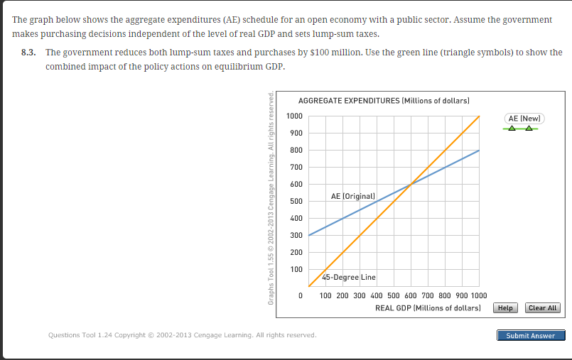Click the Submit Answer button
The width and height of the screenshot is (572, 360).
[x=530, y=335]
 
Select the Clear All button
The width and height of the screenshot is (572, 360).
[x=543, y=307]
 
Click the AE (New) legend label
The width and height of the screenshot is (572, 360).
[x=524, y=118]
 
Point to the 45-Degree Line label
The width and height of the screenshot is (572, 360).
[x=349, y=277]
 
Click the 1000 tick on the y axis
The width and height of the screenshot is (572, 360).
[x=294, y=116]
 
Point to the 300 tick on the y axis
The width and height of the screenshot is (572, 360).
[x=296, y=235]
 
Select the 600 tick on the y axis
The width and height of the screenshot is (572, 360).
[x=296, y=185]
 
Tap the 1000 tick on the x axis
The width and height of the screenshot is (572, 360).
[x=478, y=295]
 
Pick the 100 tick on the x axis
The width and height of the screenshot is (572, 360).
[x=325, y=295]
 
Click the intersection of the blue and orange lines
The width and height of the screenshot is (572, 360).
[x=411, y=185]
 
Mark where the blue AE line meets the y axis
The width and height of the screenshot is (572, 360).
[x=309, y=235]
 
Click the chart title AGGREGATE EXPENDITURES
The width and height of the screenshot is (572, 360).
[x=384, y=102]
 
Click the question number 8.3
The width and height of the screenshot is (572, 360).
[x=30, y=53]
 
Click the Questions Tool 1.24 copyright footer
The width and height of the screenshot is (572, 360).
[x=181, y=334]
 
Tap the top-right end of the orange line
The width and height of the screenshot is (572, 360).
[x=480, y=116]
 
